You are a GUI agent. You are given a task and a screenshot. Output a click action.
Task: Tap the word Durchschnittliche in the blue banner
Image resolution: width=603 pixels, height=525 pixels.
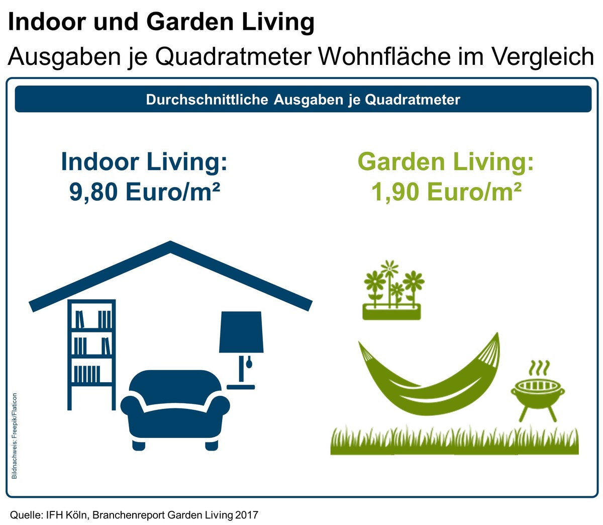point(207,100)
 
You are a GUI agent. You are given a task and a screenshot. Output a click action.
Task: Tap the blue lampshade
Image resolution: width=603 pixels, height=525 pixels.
point(241,332)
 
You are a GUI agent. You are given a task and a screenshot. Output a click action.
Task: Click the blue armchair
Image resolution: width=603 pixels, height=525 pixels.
point(175,410)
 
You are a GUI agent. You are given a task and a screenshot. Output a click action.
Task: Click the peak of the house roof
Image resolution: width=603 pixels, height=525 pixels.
point(170,242)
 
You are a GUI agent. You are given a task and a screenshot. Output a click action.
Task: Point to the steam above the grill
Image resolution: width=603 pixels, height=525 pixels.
point(539,368)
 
